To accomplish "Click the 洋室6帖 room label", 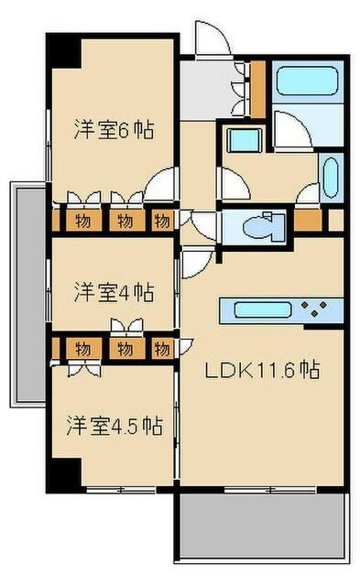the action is pos(114,129).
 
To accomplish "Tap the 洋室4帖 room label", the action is pos(114,292).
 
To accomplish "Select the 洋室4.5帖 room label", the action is pos(115,425).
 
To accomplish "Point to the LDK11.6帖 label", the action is pos(262,370).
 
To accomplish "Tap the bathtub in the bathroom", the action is pos(308,81).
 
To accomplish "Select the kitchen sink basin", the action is pos(263,310).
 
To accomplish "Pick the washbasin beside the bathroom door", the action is pos(332,177).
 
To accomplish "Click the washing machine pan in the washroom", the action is pos(245,140).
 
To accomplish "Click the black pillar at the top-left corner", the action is pos(63,50).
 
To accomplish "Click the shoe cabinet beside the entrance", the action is pos(257,90).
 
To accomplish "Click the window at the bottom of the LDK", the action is pos(270,489).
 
